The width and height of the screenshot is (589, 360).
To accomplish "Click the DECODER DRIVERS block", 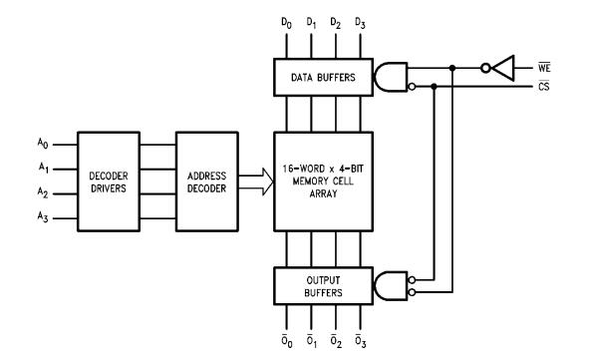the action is (x=109, y=181).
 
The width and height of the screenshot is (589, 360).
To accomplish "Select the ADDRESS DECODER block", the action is (x=207, y=181).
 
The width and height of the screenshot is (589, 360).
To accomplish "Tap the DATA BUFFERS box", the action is (x=324, y=77).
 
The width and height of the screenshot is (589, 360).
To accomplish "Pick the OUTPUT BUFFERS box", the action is (x=324, y=286).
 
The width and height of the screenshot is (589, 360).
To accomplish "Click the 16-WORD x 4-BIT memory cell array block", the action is (x=324, y=181).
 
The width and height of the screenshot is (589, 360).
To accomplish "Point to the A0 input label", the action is (x=43, y=144).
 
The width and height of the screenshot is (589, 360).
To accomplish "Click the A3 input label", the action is (x=43, y=216).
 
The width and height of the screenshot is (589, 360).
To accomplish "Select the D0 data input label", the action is (x=286, y=23).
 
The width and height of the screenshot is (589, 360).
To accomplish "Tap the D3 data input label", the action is (x=360, y=23).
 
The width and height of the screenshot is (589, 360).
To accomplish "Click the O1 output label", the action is (x=311, y=340).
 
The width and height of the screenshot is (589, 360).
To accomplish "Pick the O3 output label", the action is (x=360, y=340).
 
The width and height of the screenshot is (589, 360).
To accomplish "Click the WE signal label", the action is (x=544, y=68).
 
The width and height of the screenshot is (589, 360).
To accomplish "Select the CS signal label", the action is (x=543, y=87).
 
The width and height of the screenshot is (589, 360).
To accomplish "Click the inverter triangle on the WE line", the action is (x=502, y=68).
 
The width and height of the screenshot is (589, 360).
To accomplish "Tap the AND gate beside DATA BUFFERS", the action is (x=391, y=77).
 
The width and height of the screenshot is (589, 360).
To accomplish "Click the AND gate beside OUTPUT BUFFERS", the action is (x=391, y=286).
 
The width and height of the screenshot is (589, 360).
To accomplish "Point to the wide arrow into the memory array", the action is (x=256, y=181).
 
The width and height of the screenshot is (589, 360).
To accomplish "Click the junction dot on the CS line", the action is (x=434, y=87).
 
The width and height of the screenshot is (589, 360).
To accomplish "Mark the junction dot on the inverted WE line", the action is (x=452, y=68).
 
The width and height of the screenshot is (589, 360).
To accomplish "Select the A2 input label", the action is (x=43, y=192).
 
